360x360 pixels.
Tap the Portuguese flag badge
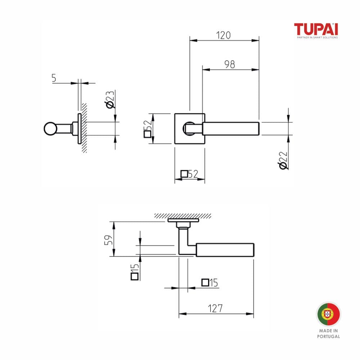[329, 314]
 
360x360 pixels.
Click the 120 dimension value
[223, 35]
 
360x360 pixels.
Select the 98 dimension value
[230, 64]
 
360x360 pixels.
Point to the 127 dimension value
[215, 309]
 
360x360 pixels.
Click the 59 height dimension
[108, 240]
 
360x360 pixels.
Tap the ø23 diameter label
[109, 99]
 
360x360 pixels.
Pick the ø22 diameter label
[283, 160]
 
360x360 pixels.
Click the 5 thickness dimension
[54, 78]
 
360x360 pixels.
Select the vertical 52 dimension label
[148, 129]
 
